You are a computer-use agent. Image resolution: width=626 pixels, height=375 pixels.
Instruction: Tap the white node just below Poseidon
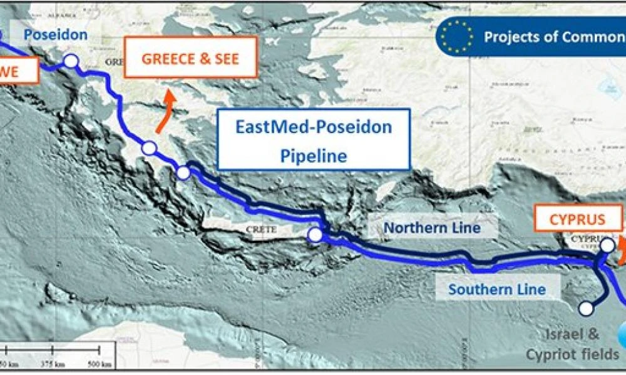pos(71,61)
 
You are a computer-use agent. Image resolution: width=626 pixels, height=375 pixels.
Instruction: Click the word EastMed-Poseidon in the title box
pos(314,127)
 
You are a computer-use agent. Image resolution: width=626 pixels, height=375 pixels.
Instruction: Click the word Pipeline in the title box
pos(314,155)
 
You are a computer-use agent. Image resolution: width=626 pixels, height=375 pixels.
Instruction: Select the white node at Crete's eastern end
pos(315,234)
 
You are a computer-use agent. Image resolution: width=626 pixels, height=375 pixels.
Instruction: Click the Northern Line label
pos(432,227)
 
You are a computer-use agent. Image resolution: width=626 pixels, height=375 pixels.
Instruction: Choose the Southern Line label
pos(496,289)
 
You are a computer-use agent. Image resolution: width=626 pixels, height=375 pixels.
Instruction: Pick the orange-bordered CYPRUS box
pos(577,219)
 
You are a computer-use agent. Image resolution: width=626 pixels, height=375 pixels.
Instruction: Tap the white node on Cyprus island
pos(607,246)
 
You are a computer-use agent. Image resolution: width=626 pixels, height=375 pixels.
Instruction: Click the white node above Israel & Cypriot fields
pos(586,308)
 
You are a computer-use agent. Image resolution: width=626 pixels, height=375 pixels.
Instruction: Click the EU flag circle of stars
pos(456,36)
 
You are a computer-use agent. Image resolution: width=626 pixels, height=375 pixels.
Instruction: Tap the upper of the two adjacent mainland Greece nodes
pos(149,148)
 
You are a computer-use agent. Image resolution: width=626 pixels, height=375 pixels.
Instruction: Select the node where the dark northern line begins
pos(183,173)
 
